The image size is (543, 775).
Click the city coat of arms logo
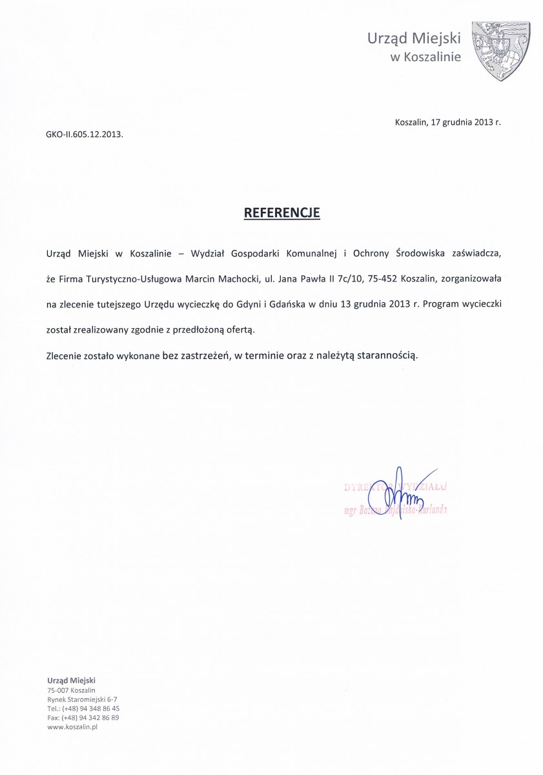(x=502, y=52)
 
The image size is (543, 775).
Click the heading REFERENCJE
(x=281, y=212)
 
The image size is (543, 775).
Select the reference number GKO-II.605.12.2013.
(x=84, y=136)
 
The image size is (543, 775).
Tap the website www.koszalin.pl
(x=72, y=727)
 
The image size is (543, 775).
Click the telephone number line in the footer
(x=83, y=708)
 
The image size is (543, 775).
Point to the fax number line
(x=83, y=717)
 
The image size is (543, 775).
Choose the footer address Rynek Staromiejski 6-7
(x=82, y=699)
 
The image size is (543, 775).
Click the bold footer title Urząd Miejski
(x=71, y=680)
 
